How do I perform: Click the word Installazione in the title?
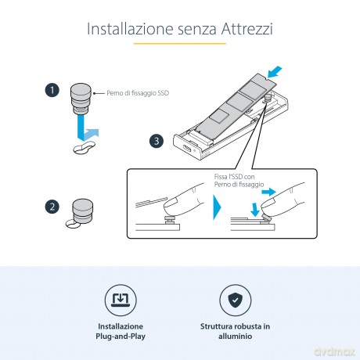click(130, 28)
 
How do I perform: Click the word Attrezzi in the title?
click(247, 28)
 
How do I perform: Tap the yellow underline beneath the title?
click(180, 44)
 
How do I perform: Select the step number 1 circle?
click(52, 90)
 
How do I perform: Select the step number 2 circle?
click(52, 207)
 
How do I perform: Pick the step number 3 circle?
click(157, 141)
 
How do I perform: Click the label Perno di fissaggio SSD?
click(138, 93)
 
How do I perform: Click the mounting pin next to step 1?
click(81, 99)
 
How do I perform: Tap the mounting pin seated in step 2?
click(82, 211)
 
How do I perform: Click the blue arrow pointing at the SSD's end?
click(275, 72)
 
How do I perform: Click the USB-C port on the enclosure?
click(187, 151)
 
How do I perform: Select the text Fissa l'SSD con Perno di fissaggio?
click(239, 181)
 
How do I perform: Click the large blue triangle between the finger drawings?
click(217, 207)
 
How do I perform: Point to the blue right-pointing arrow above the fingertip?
click(268, 193)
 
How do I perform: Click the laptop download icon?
click(121, 301)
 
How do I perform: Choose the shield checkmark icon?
click(236, 301)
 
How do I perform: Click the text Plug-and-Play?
click(121, 337)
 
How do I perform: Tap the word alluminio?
click(236, 336)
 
